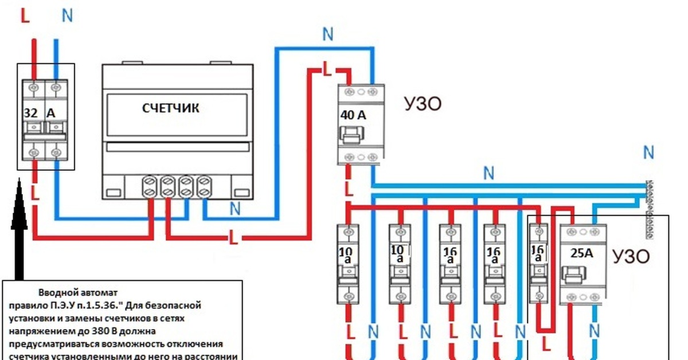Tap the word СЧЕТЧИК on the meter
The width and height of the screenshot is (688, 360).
[x=171, y=108]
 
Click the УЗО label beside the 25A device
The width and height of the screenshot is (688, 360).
[x=631, y=255]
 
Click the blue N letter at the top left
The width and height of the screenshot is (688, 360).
[x=67, y=15]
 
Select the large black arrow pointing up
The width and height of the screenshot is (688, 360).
[x=20, y=229]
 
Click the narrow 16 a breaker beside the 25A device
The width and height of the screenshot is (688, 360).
[x=538, y=263]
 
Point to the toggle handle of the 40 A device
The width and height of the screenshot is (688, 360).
[x=350, y=135]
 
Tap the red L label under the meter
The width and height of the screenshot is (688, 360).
[x=233, y=237]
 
